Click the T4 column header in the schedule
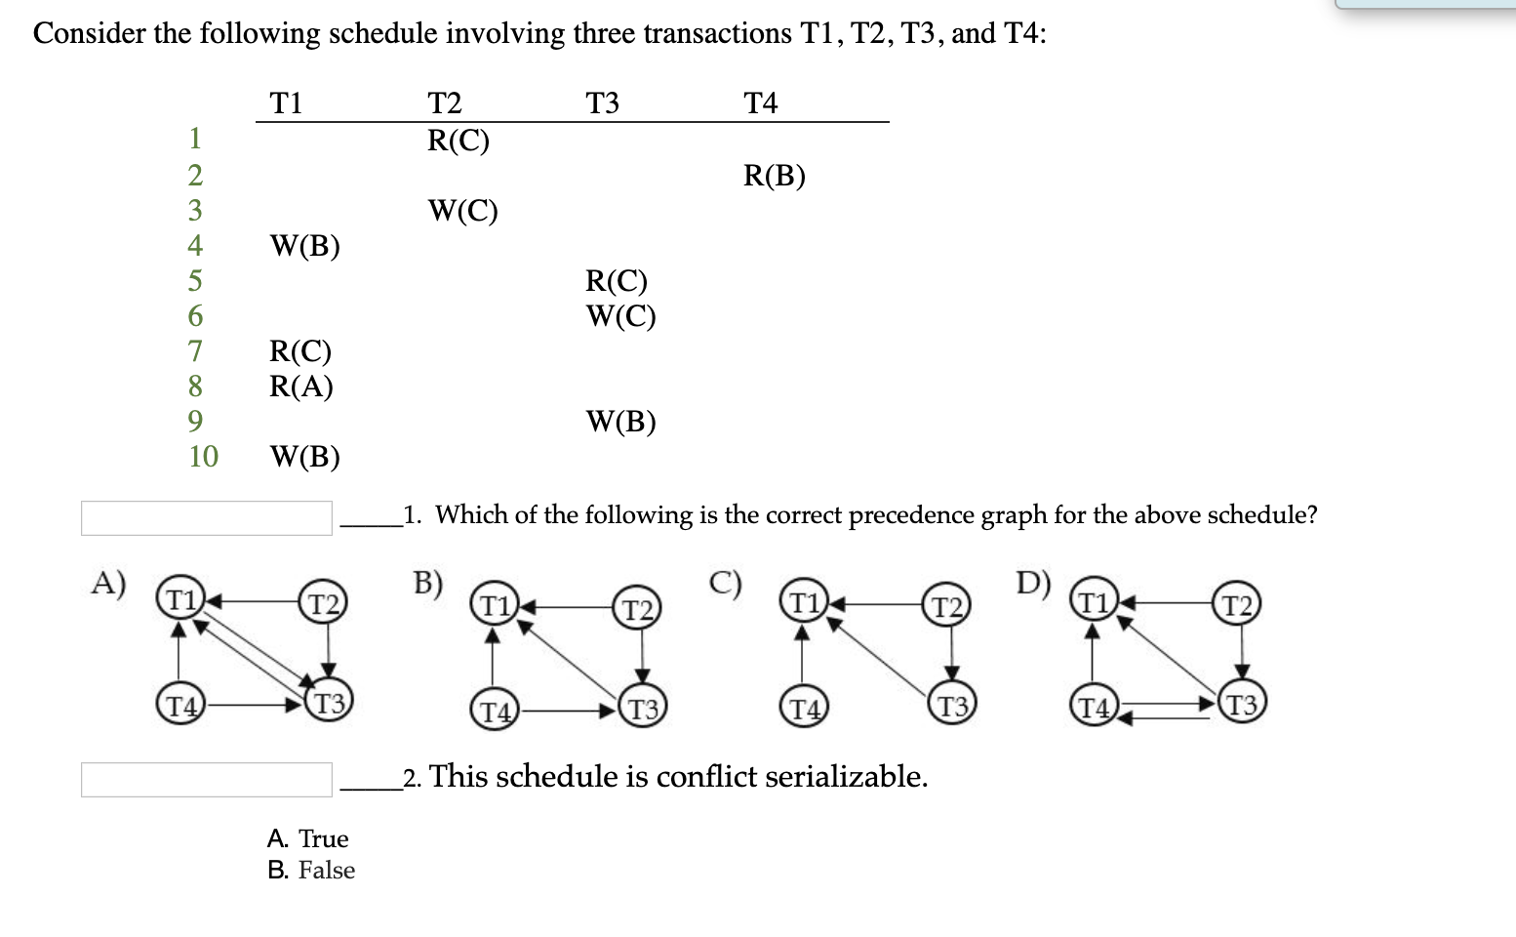tap(760, 102)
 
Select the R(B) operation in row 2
tap(774, 176)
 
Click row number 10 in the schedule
tap(203, 456)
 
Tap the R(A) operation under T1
tap(300, 387)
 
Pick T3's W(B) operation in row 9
tap(620, 422)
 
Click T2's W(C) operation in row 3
tap(462, 211)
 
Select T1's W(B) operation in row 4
tap(304, 246)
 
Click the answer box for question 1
tap(207, 518)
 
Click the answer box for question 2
tap(207, 780)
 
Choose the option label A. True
tap(307, 838)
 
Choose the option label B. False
tap(311, 870)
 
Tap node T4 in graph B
tap(495, 711)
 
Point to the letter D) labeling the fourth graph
tap(1032, 583)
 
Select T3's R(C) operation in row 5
tap(616, 281)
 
